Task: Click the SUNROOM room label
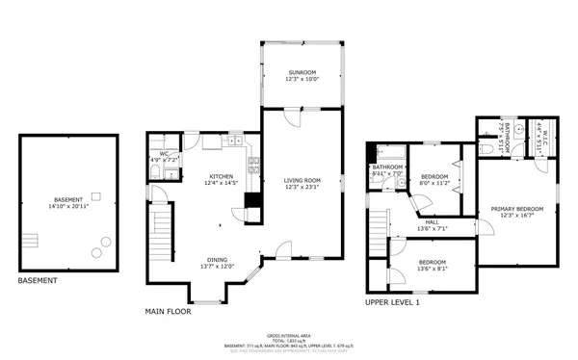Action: pos(302,73)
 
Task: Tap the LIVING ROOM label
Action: pos(302,180)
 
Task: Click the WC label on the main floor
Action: pos(164,153)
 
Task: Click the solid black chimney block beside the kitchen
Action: pos(251,201)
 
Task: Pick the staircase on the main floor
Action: pos(161,231)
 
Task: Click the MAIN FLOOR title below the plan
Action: pos(169,312)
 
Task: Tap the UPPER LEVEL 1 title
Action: pos(392,302)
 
